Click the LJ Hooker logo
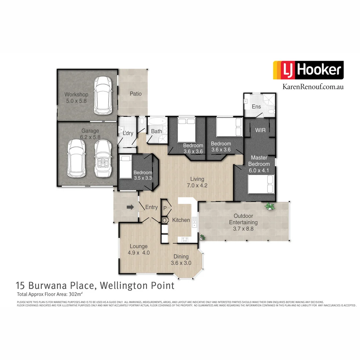click(x=308, y=70)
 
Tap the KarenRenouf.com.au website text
click(x=313, y=86)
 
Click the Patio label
click(x=135, y=94)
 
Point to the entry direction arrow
click(x=130, y=207)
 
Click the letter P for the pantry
click(x=165, y=207)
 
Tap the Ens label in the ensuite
click(x=256, y=107)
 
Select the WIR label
click(x=260, y=130)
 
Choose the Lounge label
click(x=139, y=246)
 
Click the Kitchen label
click(x=181, y=220)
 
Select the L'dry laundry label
click(x=128, y=133)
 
